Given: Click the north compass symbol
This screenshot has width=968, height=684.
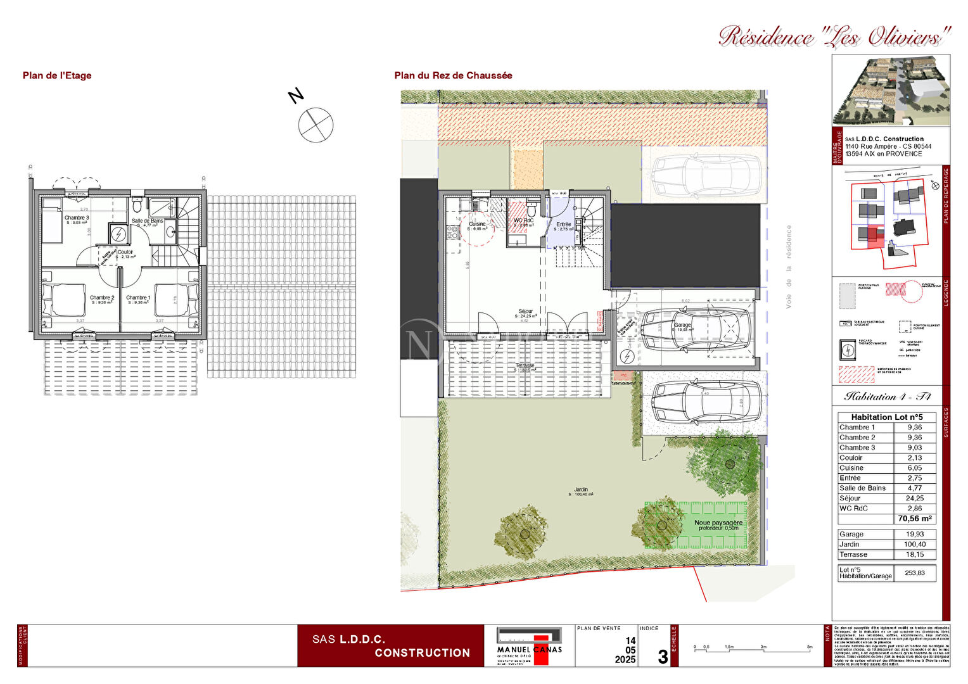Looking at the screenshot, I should point(315,125).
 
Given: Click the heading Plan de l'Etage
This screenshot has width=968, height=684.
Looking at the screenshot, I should point(57,75).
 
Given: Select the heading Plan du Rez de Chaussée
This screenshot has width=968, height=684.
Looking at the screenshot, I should point(453,75).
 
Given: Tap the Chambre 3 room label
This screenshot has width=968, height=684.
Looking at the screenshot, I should point(77,218).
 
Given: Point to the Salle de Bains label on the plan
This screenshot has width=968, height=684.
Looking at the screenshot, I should point(147,221).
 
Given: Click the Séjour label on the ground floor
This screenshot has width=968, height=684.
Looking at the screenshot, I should point(525,312).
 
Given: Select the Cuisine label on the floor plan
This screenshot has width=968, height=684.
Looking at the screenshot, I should point(477,224).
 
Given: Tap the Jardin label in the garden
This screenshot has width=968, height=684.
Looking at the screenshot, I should point(581,490).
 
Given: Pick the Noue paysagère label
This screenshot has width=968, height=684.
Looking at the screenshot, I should point(718,523).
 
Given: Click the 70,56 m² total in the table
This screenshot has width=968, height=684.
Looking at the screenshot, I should point(914,519).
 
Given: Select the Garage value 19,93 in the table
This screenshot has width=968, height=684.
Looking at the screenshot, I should point(914,535).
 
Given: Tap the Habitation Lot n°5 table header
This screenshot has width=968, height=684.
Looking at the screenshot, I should point(886,417).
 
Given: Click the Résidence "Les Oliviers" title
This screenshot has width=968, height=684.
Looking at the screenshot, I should point(835,37).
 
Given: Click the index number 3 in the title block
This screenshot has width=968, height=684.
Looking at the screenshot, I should point(662,657).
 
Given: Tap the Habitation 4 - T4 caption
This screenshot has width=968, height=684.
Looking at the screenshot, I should point(887,396).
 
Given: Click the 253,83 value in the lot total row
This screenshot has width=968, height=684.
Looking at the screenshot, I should point(914,573).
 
